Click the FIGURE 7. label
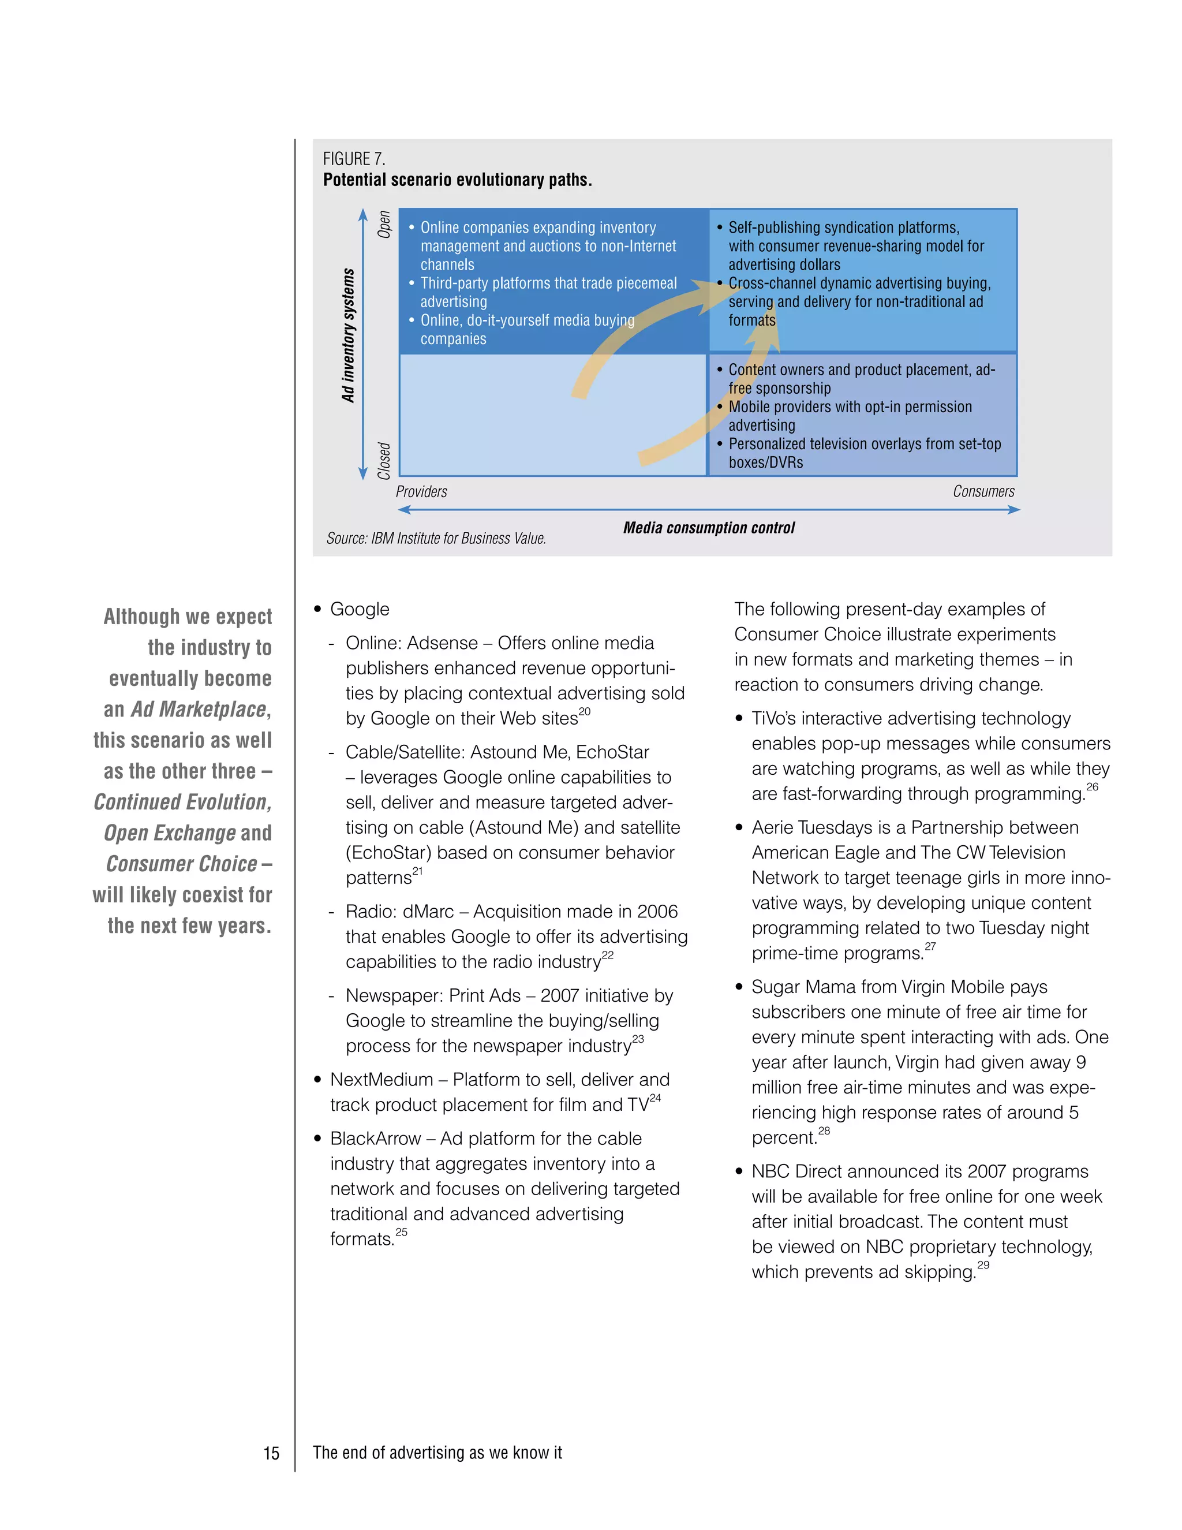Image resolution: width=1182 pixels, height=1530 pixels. (x=354, y=158)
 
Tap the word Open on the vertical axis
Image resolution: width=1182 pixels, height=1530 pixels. (x=384, y=224)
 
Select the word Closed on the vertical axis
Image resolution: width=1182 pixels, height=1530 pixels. (x=384, y=460)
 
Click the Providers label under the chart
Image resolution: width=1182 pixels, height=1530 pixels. (x=421, y=491)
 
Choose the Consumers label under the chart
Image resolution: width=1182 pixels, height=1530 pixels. (x=983, y=491)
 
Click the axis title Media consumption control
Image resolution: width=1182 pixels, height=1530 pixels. (x=709, y=528)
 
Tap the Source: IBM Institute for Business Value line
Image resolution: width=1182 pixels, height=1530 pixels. (x=436, y=538)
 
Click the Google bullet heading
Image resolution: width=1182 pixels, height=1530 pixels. (x=359, y=609)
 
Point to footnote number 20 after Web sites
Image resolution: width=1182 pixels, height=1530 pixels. (x=585, y=711)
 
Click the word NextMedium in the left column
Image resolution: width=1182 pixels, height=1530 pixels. (x=381, y=1080)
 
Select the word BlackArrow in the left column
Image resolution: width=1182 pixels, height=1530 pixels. (x=375, y=1139)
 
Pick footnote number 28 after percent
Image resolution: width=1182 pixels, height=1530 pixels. (x=824, y=1130)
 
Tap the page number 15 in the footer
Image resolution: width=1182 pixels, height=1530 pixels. (x=271, y=1453)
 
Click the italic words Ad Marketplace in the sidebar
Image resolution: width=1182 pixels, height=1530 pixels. (x=199, y=709)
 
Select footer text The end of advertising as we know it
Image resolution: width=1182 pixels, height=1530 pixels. (x=437, y=1452)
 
